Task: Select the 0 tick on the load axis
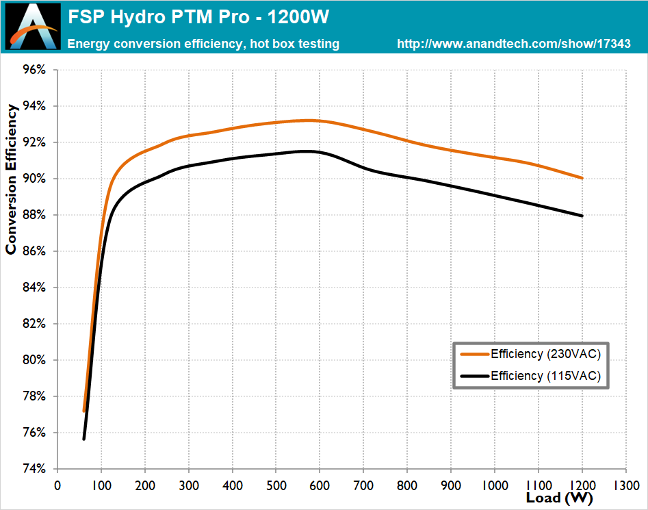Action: tap(57, 485)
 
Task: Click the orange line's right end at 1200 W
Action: tap(582, 178)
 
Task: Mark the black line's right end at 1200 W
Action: tap(582, 216)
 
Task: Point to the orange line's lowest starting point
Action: tap(84, 411)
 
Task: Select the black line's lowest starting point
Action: tap(83, 439)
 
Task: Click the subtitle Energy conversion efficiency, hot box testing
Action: tap(203, 44)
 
